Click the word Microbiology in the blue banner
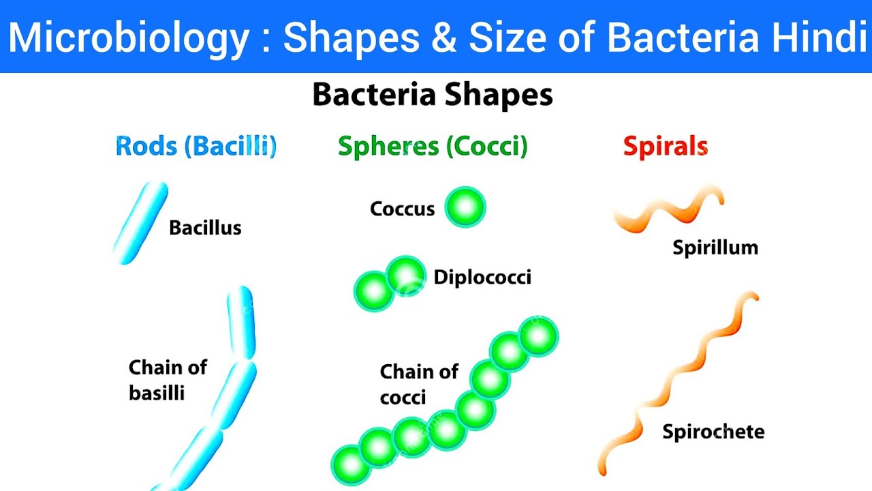click(129, 38)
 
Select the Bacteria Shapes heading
click(433, 95)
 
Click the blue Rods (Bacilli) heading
click(196, 147)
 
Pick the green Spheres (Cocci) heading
click(433, 147)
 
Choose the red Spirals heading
click(666, 147)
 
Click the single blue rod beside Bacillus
click(141, 222)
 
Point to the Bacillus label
click(205, 228)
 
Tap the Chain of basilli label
click(168, 380)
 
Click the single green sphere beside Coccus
click(465, 207)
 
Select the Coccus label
click(402, 209)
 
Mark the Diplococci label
click(482, 278)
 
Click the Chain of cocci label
click(419, 384)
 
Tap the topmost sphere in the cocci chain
click(538, 337)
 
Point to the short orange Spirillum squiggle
click(668, 209)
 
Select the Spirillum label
click(715, 248)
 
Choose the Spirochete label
click(713, 432)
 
